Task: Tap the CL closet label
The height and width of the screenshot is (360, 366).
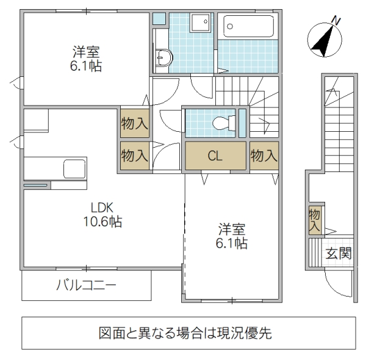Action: click(215, 156)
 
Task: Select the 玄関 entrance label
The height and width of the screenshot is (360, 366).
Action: click(338, 253)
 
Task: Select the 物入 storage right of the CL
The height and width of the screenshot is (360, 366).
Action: click(264, 156)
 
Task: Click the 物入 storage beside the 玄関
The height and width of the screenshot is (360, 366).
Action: click(315, 220)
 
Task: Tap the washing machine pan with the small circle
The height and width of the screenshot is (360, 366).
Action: click(200, 24)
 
